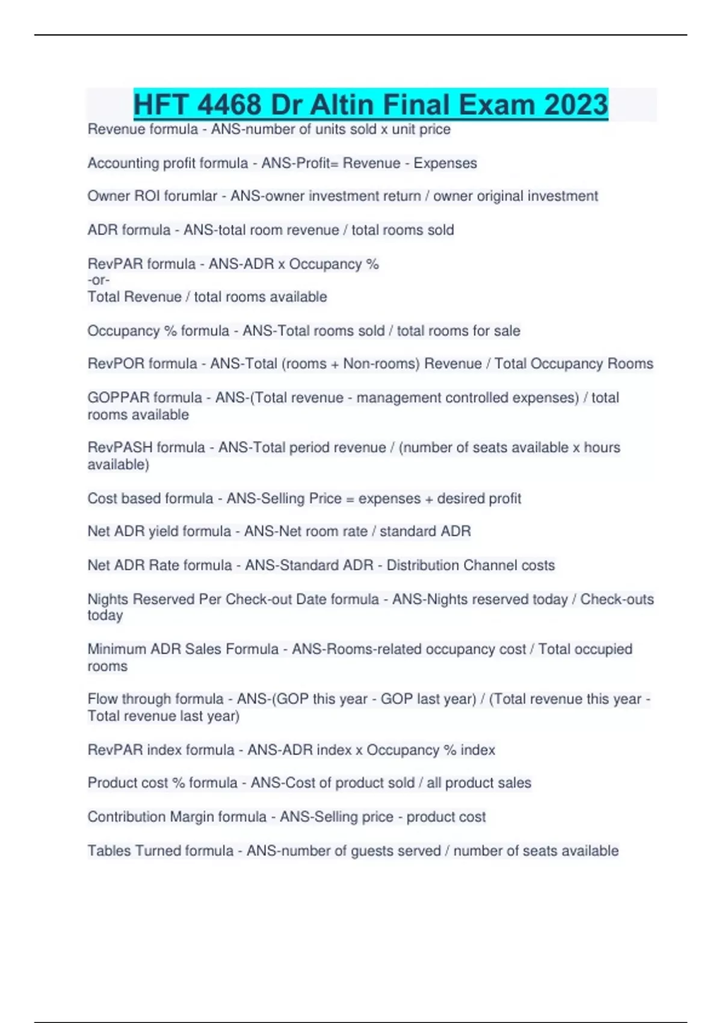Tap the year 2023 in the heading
pos(576,105)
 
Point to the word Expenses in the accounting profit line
pos(445,163)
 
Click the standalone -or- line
pos(99,280)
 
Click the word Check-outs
pos(617,599)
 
